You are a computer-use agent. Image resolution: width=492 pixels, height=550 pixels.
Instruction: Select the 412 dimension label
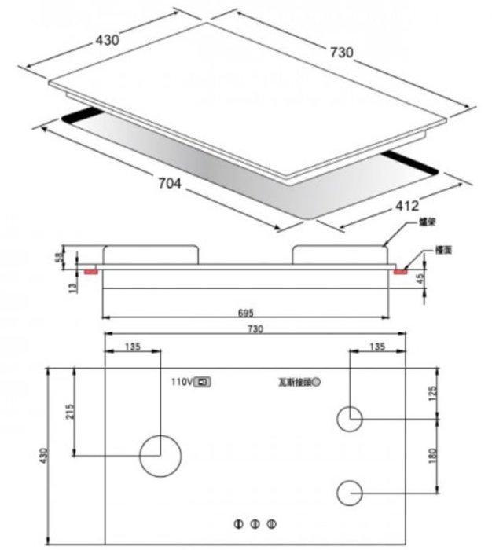coord(406,207)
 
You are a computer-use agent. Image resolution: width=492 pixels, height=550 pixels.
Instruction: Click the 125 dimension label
coord(431,393)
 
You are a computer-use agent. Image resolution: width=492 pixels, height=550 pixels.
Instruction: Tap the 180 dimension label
coord(431,455)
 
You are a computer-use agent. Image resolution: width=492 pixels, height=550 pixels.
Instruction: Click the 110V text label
coord(182,382)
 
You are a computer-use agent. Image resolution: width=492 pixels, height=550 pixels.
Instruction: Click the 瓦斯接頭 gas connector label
coord(294,383)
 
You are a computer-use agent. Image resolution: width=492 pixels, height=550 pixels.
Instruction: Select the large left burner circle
coord(160,455)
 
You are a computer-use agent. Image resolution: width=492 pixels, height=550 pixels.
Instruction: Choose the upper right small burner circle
coord(350,419)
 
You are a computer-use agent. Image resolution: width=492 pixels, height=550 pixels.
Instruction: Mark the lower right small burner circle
coord(350,493)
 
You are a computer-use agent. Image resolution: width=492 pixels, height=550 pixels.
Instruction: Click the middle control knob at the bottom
coord(254,524)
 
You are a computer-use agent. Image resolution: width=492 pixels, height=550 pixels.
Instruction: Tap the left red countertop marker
coord(90,271)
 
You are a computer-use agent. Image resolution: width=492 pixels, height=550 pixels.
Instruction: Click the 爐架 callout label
coord(427,224)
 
